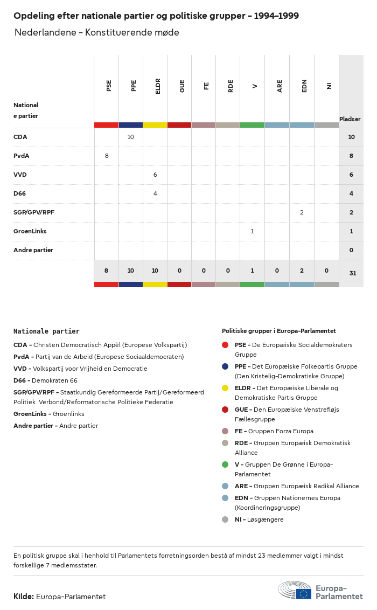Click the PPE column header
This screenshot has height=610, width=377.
click(134, 86)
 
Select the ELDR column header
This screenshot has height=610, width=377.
click(158, 86)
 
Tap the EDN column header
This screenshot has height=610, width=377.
click(304, 86)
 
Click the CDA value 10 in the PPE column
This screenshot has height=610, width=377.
click(131, 137)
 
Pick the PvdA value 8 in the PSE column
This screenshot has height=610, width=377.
click(107, 156)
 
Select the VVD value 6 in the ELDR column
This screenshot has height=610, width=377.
click(155, 175)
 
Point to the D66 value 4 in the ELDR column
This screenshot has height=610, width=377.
click(155, 193)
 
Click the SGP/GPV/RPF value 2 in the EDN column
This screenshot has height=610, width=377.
click(302, 212)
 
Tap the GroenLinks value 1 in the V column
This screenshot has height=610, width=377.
click(252, 231)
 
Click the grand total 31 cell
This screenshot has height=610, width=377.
click(352, 273)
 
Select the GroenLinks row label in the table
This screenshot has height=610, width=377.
click(30, 231)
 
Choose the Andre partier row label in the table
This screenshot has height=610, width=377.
click(33, 250)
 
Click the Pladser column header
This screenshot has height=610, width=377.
click(350, 119)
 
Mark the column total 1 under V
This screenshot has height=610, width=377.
click(253, 271)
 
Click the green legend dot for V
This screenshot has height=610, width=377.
click(225, 465)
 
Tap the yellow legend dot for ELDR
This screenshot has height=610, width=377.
click(225, 388)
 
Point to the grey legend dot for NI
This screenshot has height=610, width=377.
click(225, 519)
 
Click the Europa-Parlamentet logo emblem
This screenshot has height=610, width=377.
click(295, 590)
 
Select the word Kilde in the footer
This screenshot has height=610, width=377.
click(23, 597)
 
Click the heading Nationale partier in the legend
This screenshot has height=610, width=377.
click(46, 331)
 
